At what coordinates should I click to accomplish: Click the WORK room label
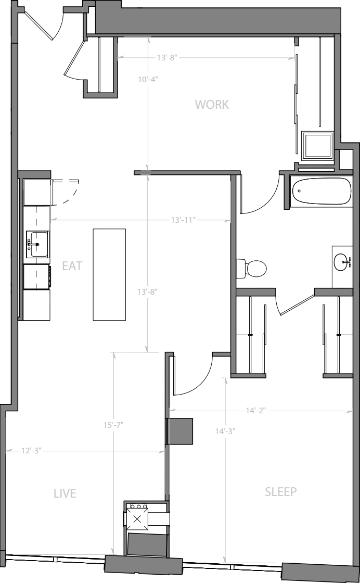tap(212, 105)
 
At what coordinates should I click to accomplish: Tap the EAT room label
tap(72, 266)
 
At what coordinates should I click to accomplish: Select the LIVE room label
tap(65, 493)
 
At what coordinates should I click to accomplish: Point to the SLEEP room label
tap(280, 491)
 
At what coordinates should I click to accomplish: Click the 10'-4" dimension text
tap(148, 79)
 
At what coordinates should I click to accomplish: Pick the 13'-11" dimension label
tap(183, 220)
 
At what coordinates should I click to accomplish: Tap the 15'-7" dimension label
tap(113, 425)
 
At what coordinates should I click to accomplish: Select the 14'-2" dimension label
tap(255, 411)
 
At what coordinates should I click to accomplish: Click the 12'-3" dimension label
tap(31, 451)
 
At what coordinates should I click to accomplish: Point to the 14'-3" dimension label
tap(225, 432)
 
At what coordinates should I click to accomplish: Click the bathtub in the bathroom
tap(322, 191)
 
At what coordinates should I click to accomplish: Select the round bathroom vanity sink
tap(342, 262)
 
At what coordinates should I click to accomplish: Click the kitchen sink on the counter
tap(37, 244)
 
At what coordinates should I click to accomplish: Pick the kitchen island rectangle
tap(109, 274)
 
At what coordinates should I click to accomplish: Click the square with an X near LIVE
tap(137, 519)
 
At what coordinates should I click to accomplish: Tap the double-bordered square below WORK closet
tap(317, 145)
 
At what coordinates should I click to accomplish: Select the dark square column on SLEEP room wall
tap(181, 432)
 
